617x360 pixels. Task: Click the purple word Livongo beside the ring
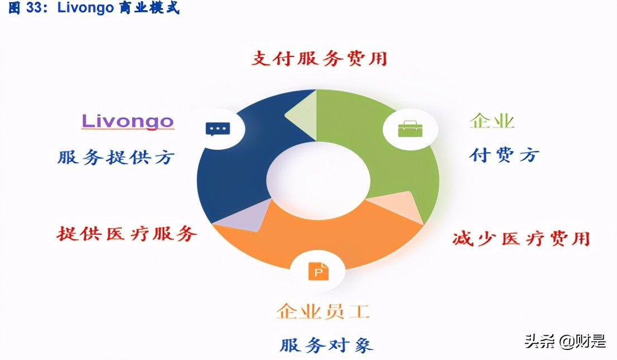click(x=128, y=121)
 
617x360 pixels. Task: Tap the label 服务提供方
click(x=116, y=157)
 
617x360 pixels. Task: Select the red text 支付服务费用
click(x=319, y=58)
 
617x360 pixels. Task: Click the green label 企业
click(x=492, y=121)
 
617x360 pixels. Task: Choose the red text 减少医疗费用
click(x=521, y=239)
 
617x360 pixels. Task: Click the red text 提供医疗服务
click(x=127, y=233)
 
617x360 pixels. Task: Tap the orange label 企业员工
click(x=323, y=311)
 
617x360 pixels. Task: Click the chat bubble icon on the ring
click(x=217, y=129)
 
